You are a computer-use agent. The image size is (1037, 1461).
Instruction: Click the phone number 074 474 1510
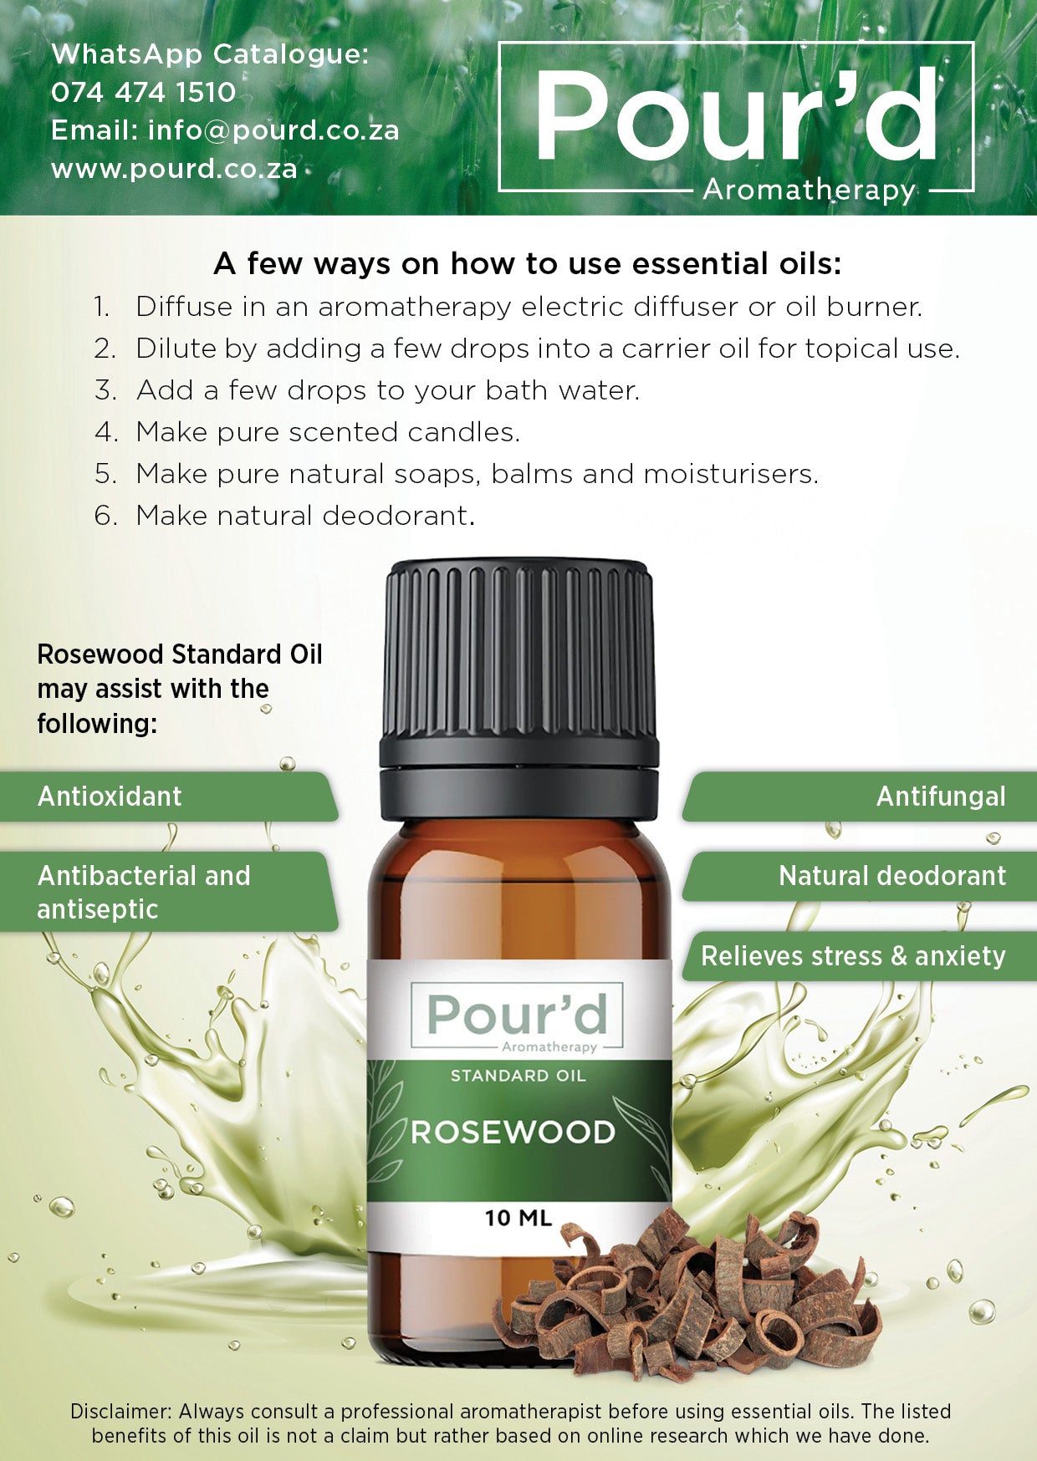pyautogui.click(x=143, y=92)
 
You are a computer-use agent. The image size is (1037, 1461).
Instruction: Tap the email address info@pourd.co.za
pyautogui.click(x=273, y=130)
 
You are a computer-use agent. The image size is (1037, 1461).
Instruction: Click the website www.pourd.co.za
pyautogui.click(x=174, y=169)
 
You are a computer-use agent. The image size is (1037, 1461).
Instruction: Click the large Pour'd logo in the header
pyautogui.click(x=736, y=117)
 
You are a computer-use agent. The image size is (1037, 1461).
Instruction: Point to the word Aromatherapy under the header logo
pyautogui.click(x=809, y=191)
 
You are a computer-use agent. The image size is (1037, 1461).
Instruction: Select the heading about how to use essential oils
pyautogui.click(x=528, y=264)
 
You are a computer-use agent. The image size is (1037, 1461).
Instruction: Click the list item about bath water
pyautogui.click(x=367, y=390)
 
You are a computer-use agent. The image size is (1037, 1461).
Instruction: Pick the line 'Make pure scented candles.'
pyautogui.click(x=307, y=432)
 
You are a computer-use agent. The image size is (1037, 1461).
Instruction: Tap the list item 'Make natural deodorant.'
pyautogui.click(x=284, y=516)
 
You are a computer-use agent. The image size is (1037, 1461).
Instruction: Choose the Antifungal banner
pyautogui.click(x=860, y=797)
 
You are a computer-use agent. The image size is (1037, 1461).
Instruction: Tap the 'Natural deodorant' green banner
pyautogui.click(x=860, y=876)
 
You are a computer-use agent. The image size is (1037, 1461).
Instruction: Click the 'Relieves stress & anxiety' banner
pyautogui.click(x=860, y=956)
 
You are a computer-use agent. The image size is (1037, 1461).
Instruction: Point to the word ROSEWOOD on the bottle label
pyautogui.click(x=513, y=1133)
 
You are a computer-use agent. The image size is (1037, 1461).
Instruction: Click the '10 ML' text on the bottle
pyautogui.click(x=518, y=1218)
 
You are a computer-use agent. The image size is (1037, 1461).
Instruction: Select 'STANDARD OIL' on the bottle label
pyautogui.click(x=518, y=1076)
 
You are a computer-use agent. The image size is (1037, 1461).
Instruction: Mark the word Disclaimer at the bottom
pyautogui.click(x=120, y=1412)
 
